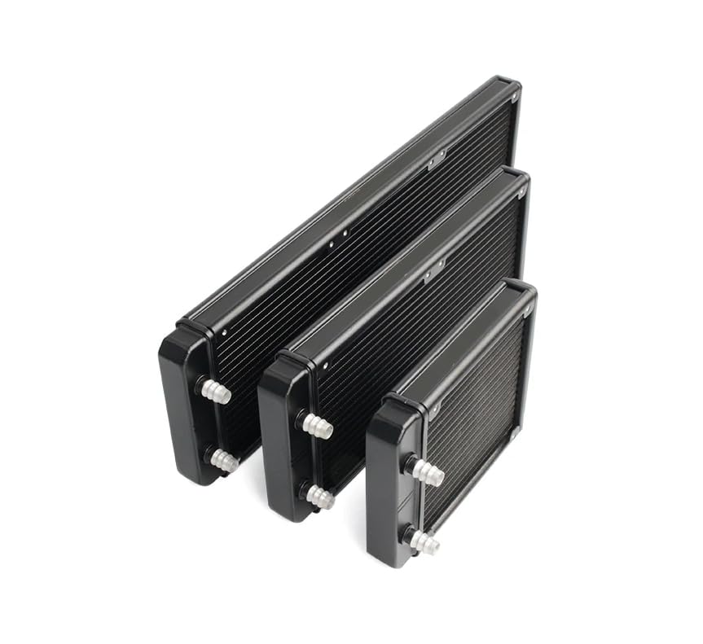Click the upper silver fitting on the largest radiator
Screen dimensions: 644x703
(x=217, y=392)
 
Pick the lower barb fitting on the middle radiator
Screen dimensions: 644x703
(x=320, y=497)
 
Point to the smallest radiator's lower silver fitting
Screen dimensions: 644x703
(x=424, y=541)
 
